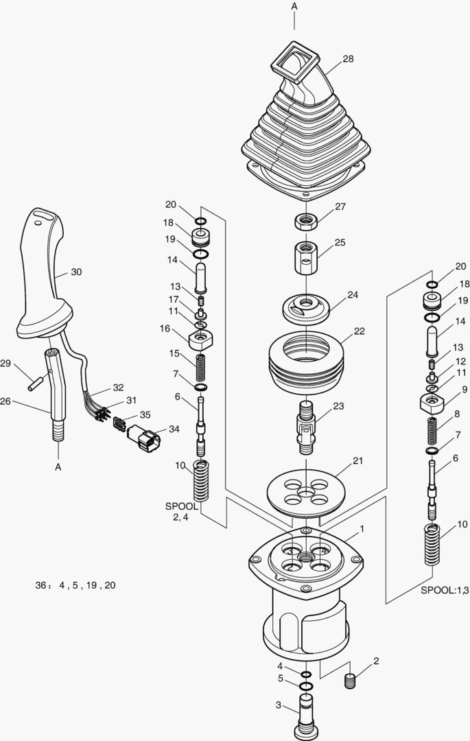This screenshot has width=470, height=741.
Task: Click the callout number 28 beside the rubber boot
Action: pyautogui.click(x=348, y=59)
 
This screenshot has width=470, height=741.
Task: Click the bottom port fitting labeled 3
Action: pyautogui.click(x=305, y=715)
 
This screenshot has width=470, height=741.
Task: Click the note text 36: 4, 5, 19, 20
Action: pyautogui.click(x=75, y=585)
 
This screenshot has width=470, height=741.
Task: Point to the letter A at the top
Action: pyautogui.click(x=294, y=6)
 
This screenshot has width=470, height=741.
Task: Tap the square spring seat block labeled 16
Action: pyautogui.click(x=202, y=338)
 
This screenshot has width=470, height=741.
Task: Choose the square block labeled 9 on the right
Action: pyautogui.click(x=434, y=401)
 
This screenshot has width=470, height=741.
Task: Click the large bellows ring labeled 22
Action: pyautogui.click(x=306, y=360)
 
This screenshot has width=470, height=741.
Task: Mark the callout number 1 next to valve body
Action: pyautogui.click(x=362, y=529)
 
